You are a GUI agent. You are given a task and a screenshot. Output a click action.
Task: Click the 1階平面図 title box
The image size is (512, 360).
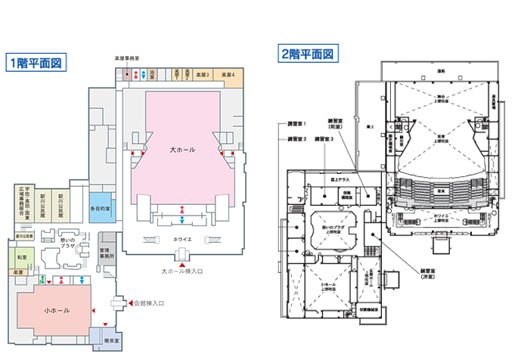[36, 63]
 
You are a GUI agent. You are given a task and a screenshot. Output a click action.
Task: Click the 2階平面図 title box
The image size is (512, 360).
[308, 54]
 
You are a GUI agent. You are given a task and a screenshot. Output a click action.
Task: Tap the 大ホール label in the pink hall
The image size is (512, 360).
[182, 151]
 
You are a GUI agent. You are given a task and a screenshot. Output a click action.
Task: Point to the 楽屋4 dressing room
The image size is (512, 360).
[228, 75]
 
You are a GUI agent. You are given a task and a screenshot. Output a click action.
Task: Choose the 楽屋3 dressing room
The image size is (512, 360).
[202, 75]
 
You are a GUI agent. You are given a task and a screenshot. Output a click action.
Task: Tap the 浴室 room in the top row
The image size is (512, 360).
[152, 74]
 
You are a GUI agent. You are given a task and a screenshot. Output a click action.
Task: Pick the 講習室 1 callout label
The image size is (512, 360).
[296, 123]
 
